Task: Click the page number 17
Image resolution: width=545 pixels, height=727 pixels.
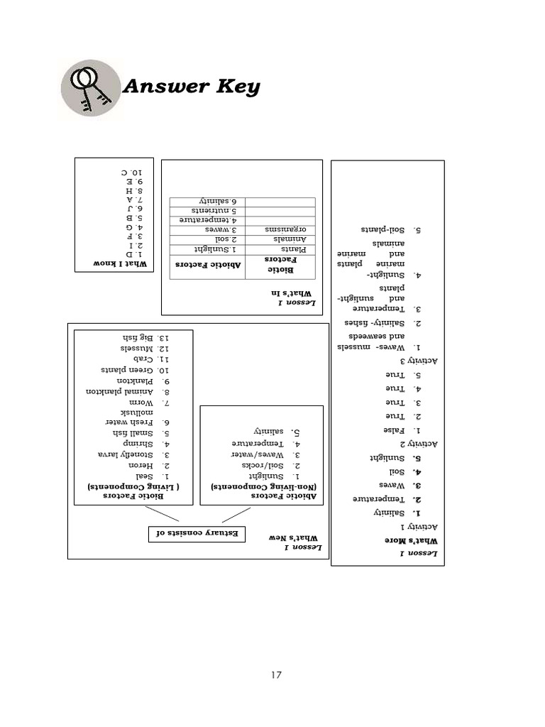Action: (275, 675)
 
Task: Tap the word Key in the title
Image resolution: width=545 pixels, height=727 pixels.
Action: (235, 87)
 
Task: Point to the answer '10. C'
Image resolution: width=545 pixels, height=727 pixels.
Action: (131, 173)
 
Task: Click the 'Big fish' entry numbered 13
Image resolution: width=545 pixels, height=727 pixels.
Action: (143, 337)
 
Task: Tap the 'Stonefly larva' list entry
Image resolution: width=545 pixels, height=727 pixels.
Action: (134, 454)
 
